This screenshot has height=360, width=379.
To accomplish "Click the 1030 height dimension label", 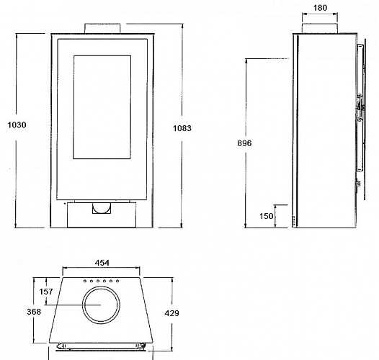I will (x=16, y=125).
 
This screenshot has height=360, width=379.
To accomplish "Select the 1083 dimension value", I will (x=183, y=129).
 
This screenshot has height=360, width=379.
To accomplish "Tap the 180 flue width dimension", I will (x=320, y=9).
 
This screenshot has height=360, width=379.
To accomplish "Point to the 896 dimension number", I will (x=245, y=143).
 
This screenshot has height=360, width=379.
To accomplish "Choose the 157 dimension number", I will (x=47, y=292).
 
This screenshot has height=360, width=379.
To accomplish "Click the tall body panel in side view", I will (x=323, y=130).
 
